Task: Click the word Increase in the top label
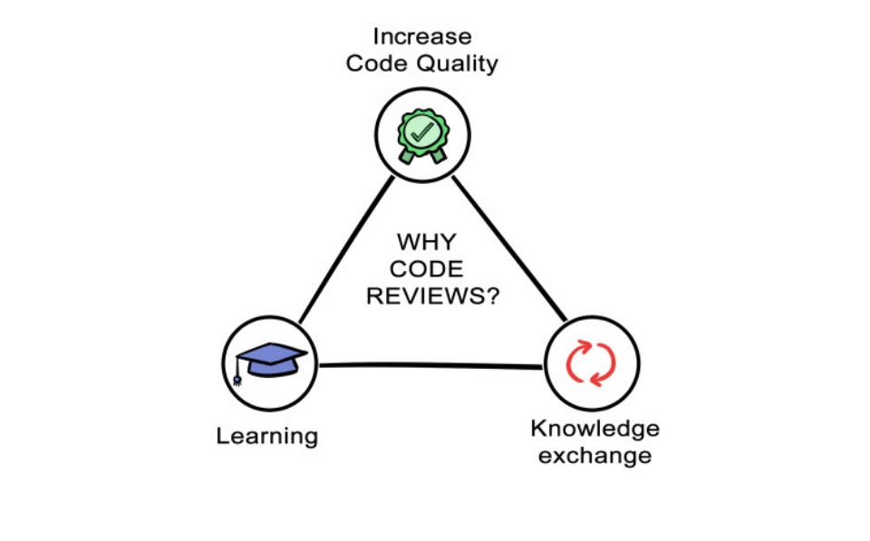coord(422,37)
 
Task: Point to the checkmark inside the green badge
coord(421,131)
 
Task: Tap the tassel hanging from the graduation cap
coord(238,373)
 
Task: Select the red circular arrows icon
coord(591,362)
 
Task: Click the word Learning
coord(267,436)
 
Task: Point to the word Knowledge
coord(594,428)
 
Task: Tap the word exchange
coord(594,455)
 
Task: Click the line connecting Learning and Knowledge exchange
coord(430,365)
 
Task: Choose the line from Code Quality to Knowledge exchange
coord(509,249)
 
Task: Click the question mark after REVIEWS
coord(489,297)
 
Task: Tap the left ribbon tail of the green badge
coord(407,155)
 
